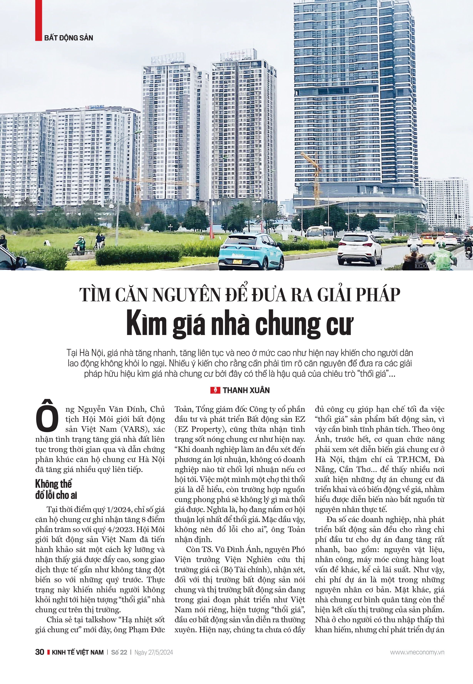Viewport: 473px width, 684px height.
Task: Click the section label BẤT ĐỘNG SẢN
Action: [x=69, y=38]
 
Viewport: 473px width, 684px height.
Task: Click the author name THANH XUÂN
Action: [x=246, y=390]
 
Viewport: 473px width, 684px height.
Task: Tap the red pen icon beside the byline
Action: [x=215, y=390]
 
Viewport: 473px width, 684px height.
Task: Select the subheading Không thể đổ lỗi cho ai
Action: [x=56, y=489]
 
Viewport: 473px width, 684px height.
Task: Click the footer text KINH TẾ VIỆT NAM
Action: [x=78, y=652]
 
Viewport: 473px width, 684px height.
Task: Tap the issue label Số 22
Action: [x=119, y=652]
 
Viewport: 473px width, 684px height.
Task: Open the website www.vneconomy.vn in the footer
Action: [x=417, y=652]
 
